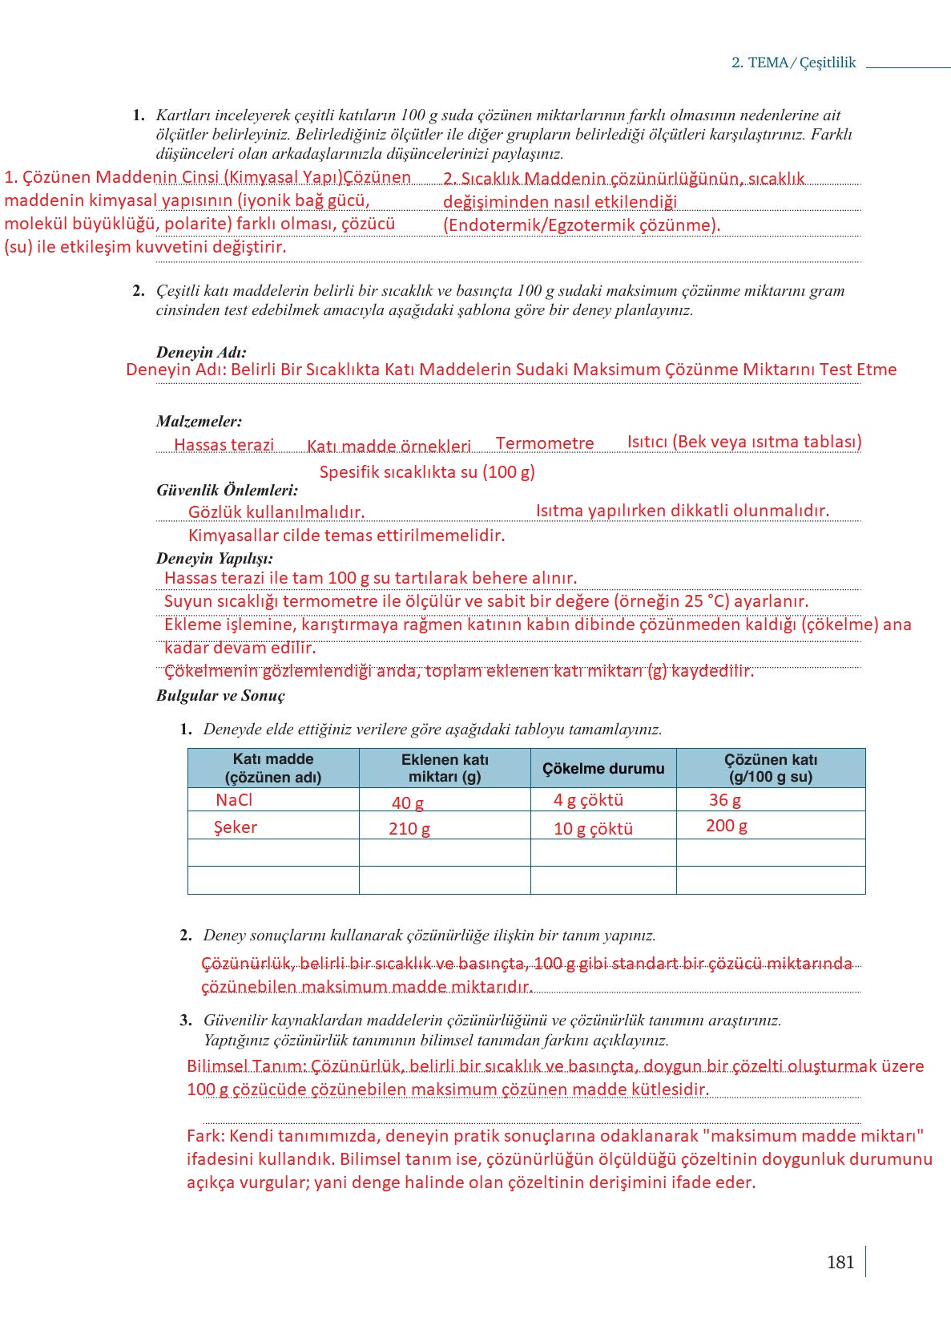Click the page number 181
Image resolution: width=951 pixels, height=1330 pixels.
pos(840,1263)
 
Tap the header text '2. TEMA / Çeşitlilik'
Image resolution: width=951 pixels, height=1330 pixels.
pos(793,63)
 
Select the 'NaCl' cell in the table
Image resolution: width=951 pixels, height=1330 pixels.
pos(234,800)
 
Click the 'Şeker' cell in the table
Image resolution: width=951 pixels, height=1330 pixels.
pos(236,827)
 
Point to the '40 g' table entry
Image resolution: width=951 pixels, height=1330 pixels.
pos(408,802)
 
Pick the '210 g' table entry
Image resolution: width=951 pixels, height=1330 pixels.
pos(409,829)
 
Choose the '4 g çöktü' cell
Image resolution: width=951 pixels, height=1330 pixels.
pos(588,800)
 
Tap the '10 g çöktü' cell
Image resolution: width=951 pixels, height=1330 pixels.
pos(593,829)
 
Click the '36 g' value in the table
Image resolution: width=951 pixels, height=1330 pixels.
pos(725,800)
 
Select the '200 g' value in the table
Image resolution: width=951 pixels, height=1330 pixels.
pos(727,826)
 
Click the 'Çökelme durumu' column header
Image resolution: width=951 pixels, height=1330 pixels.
pos(603,769)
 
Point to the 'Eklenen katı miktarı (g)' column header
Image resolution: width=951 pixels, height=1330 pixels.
pos(445,768)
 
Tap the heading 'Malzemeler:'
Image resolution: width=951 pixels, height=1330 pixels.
pos(199,422)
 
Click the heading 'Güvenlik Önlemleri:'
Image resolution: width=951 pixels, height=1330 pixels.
pos(227,491)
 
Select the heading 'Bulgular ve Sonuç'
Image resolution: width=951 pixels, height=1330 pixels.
pos(220,696)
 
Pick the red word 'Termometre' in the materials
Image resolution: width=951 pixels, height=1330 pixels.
pos(545,443)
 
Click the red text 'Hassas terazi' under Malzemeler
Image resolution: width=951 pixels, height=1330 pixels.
pos(224,445)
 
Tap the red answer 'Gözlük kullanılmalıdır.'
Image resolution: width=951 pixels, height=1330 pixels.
pos(276,512)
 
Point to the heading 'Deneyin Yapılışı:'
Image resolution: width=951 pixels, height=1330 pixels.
pos(215,559)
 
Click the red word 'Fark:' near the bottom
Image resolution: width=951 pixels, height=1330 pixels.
pos(206,1136)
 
